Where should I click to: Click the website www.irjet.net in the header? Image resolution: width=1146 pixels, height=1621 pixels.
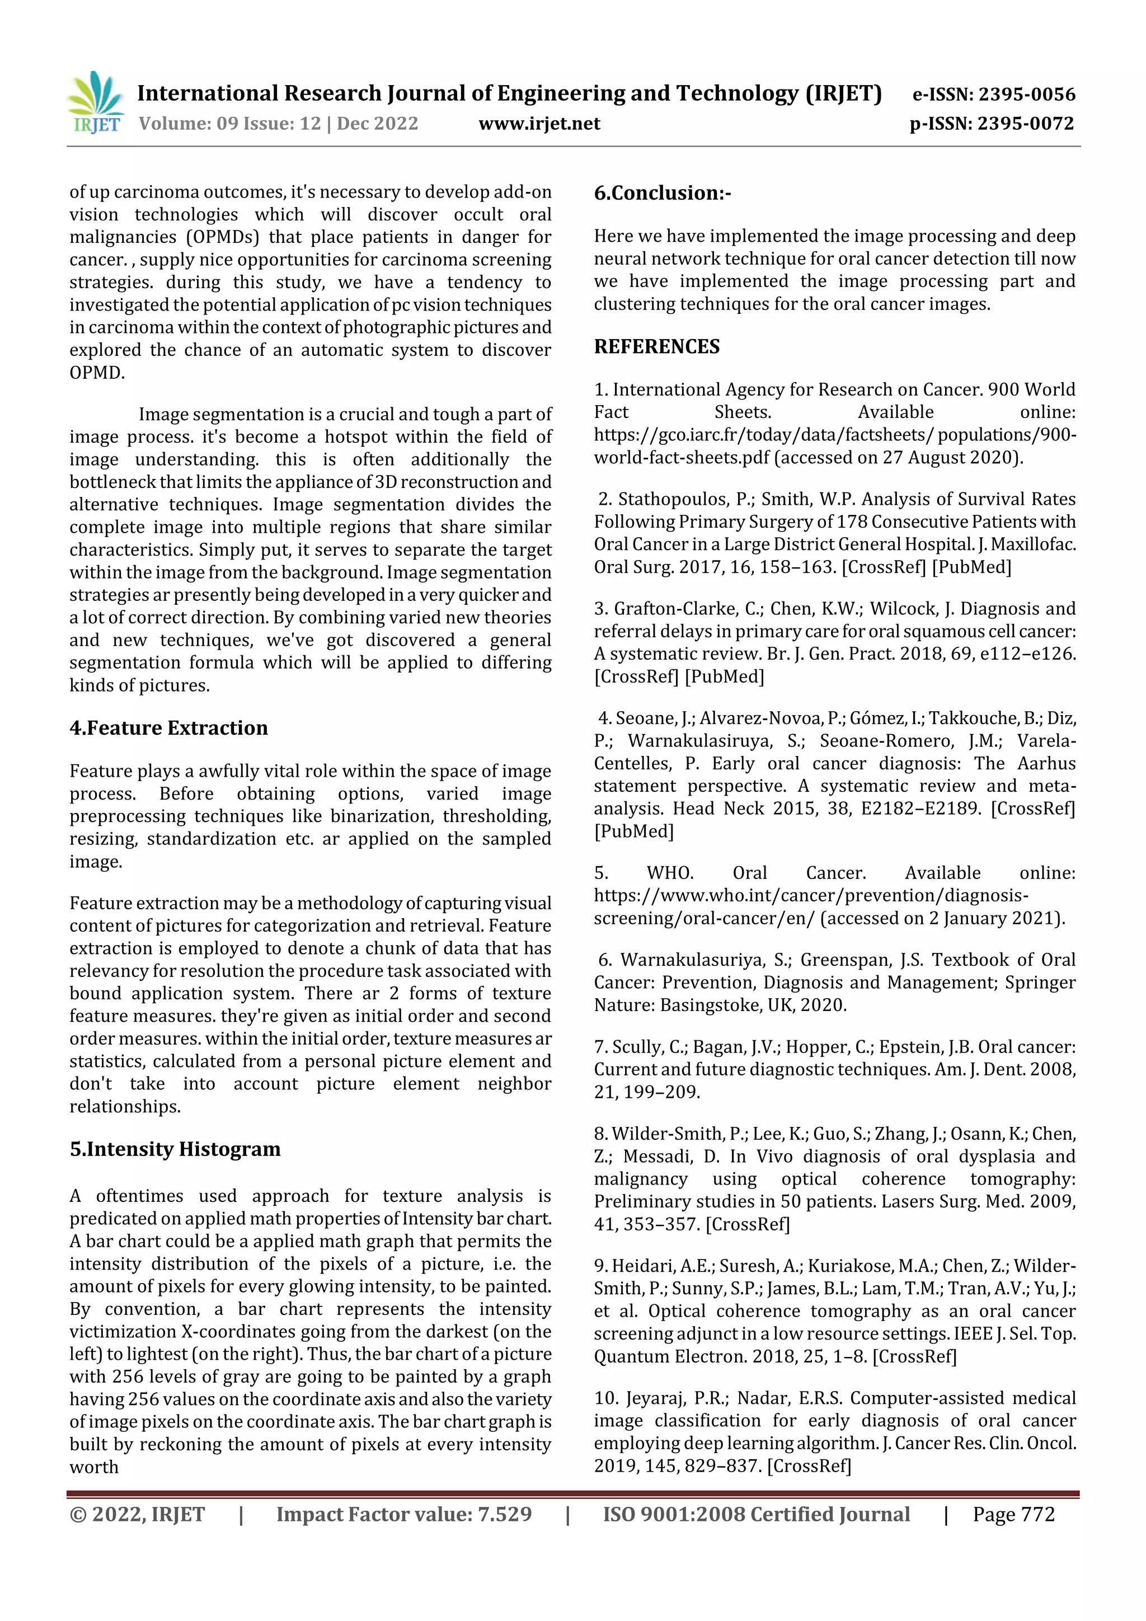pyautogui.click(x=539, y=124)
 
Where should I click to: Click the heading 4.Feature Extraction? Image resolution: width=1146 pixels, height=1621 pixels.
pyautogui.click(x=169, y=728)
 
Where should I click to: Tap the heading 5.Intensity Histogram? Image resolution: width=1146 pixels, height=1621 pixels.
pyautogui.click(x=175, y=1149)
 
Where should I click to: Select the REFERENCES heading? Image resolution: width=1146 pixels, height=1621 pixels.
pyautogui.click(x=657, y=347)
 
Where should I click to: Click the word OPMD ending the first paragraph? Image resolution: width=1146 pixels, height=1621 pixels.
pyautogui.click(x=96, y=373)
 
